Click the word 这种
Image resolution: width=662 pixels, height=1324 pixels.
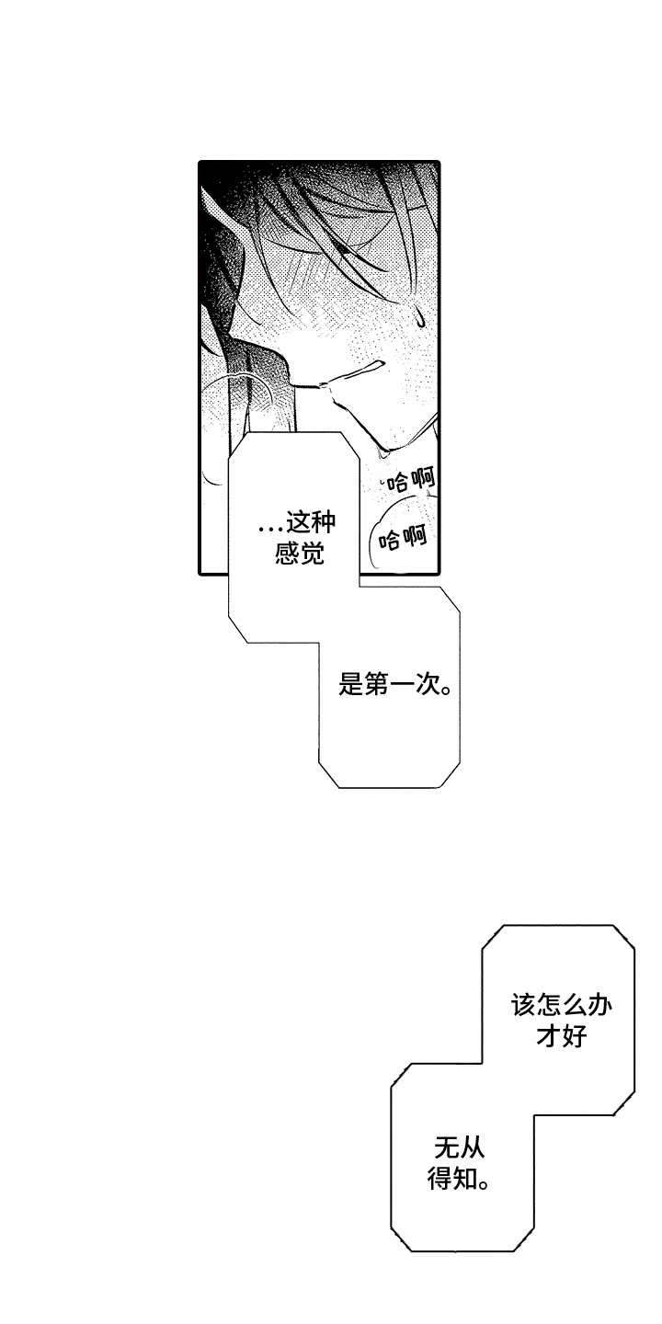(311, 522)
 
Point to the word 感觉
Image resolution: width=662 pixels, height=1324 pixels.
(300, 554)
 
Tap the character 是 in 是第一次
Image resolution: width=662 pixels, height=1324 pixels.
(350, 685)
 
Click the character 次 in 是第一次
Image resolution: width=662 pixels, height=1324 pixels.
(427, 685)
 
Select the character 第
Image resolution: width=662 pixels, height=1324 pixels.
(376, 685)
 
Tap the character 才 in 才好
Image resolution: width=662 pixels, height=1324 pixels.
(549, 1035)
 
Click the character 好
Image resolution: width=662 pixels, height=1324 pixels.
(575, 1035)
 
